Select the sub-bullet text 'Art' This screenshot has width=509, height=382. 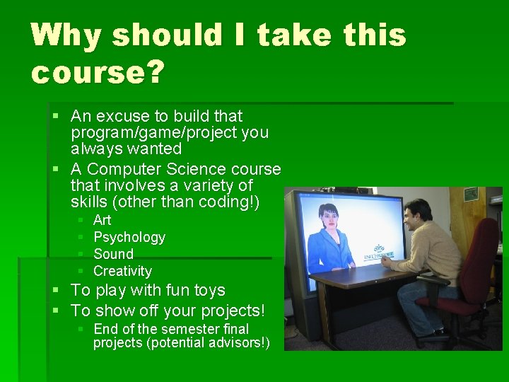click(102, 220)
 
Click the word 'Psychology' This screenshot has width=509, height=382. click(129, 237)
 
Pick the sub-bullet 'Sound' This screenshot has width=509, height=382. click(113, 254)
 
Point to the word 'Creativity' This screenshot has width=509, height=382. click(122, 271)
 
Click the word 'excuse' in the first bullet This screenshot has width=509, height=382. click(122, 116)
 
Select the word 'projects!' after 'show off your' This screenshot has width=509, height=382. click(233, 310)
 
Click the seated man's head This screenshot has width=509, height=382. click(416, 213)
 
